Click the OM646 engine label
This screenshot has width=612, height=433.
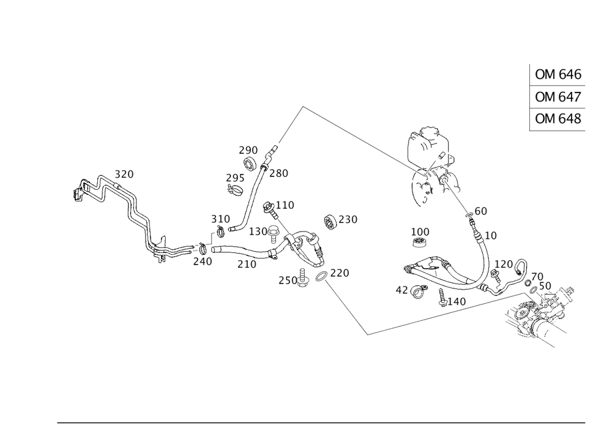[558, 75]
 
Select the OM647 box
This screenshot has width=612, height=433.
[558, 97]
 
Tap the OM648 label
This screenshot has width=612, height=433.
[558, 119]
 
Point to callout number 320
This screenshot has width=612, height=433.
[125, 175]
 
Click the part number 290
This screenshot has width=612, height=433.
[248, 150]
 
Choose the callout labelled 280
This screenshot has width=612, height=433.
[278, 173]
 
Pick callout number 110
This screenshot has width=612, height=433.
[285, 204]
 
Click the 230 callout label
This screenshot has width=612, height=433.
[348, 219]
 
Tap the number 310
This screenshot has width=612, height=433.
[220, 219]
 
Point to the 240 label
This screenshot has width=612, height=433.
[202, 261]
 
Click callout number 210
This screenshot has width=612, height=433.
[247, 264]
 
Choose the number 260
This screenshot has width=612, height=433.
[287, 280]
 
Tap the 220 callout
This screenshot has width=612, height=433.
[340, 273]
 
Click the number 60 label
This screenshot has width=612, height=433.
[481, 211]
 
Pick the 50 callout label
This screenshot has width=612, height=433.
[545, 286]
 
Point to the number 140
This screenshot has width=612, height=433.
[457, 301]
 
